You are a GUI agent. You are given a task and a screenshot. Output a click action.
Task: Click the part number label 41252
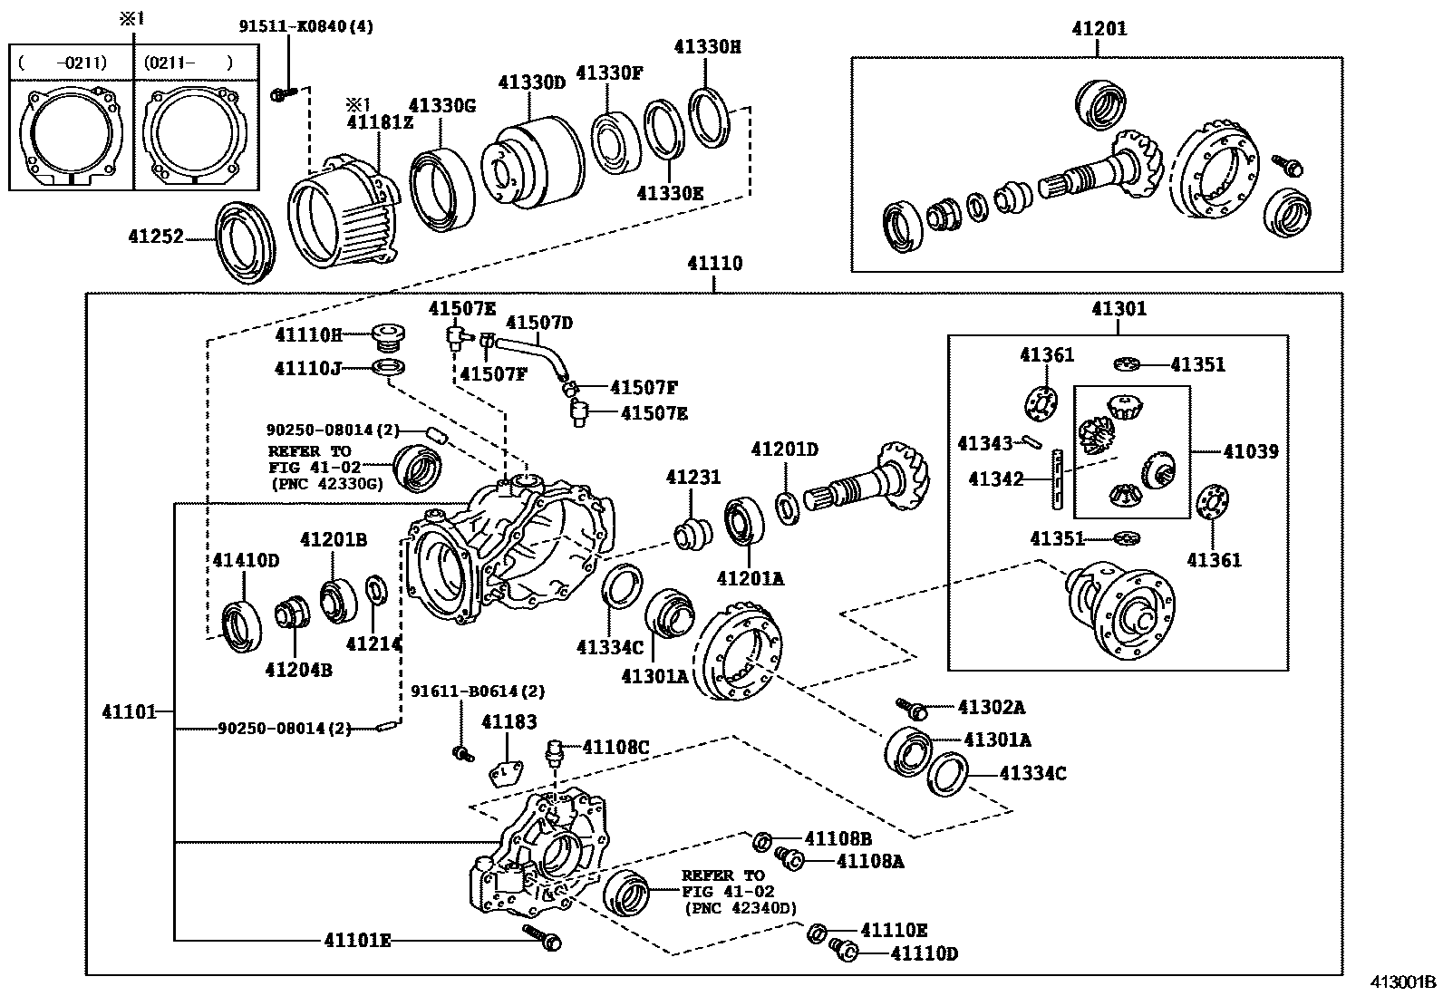point(155,237)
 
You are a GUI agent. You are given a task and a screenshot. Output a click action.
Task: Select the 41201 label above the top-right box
point(1099,29)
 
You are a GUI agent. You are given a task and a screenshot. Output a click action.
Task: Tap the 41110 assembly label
point(714,264)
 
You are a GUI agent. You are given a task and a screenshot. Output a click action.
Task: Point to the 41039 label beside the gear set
point(1250,450)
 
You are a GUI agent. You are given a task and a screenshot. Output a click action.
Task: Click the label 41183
point(508,722)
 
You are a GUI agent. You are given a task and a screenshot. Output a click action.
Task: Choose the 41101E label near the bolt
point(357,941)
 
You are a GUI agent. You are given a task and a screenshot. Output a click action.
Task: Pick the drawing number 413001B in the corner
point(1402,981)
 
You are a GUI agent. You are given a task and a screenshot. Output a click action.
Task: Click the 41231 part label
point(693,478)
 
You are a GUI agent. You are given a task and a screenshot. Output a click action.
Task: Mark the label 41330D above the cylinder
point(531,82)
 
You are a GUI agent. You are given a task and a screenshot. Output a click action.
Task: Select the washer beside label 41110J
point(388,368)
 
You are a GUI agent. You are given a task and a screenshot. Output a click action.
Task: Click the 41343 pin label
point(984,443)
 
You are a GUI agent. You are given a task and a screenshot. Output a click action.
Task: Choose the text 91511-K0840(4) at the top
point(306,26)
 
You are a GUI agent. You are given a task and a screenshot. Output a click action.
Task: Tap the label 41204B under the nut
point(298,670)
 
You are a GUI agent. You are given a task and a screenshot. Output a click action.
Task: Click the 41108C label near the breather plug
point(615,747)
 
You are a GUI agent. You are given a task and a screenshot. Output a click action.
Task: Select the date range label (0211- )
point(188,63)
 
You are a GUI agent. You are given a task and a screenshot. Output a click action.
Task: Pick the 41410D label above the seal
point(246,561)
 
